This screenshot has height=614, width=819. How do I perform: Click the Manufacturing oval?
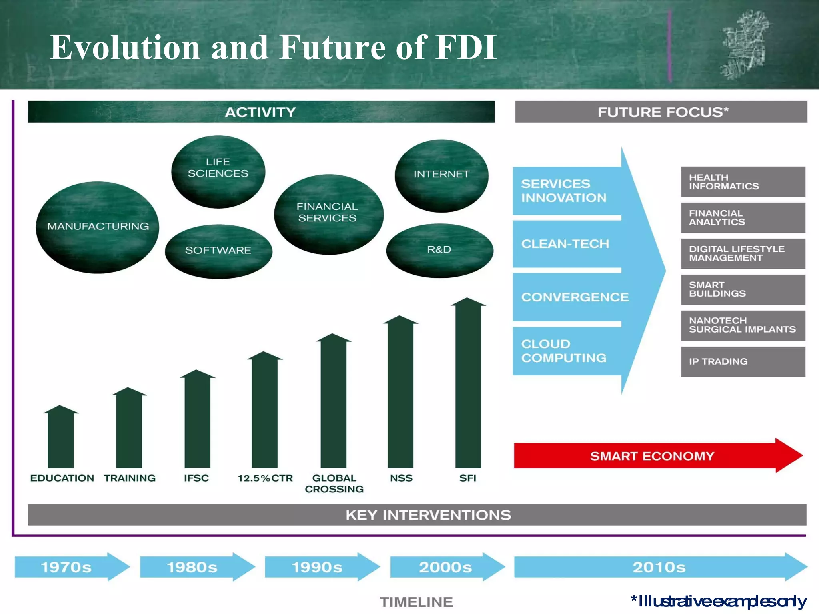[x=98, y=227]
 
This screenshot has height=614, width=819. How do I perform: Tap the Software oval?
[x=218, y=251]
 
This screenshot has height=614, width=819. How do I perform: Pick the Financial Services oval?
[x=328, y=214]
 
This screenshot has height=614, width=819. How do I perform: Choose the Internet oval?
[x=441, y=175]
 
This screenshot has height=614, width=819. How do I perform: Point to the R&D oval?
[x=439, y=250]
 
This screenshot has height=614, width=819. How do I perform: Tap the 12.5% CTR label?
[x=265, y=478]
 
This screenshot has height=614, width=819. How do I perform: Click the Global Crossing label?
[x=334, y=484]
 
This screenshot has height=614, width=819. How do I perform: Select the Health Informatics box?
[x=743, y=182]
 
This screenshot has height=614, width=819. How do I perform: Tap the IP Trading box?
[x=743, y=361]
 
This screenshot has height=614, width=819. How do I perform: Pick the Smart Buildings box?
[x=743, y=289]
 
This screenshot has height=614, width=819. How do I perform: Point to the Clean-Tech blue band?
[x=566, y=244]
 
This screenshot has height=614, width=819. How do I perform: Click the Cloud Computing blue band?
[x=566, y=351]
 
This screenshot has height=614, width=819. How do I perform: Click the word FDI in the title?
[x=466, y=47]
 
